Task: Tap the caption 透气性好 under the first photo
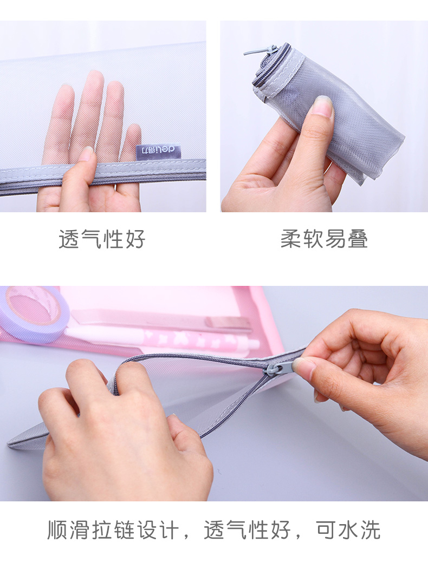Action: pyautogui.click(x=102, y=239)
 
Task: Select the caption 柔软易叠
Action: pyautogui.click(x=324, y=239)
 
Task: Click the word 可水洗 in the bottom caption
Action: pyautogui.click(x=348, y=530)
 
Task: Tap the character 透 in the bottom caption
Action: pyautogui.click(x=215, y=530)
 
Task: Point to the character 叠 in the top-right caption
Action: pyautogui.click(x=358, y=239)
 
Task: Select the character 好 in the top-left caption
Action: pyautogui.click(x=134, y=239)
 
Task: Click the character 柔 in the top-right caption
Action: pyautogui.click(x=291, y=239)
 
